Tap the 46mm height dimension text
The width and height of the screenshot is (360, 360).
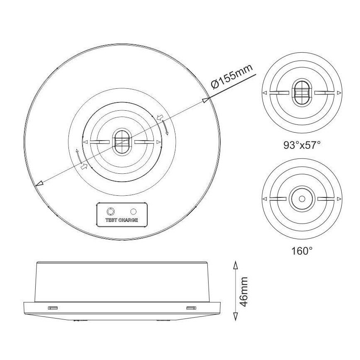coord(244,292)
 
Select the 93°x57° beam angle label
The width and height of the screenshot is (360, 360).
coord(302,145)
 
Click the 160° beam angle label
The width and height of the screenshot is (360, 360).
coord(302,251)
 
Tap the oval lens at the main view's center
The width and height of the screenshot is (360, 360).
coord(122,142)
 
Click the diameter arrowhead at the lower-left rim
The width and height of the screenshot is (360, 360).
coord(39,184)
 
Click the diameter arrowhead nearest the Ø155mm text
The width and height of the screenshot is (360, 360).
coord(205,100)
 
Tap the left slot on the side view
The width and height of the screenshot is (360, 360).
coord(53,307)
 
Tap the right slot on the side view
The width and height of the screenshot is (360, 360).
coord(190,307)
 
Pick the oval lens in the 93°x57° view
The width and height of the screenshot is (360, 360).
coord(302,92)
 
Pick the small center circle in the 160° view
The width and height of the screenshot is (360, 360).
coord(302,199)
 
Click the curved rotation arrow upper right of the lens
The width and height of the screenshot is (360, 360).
coord(165,126)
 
